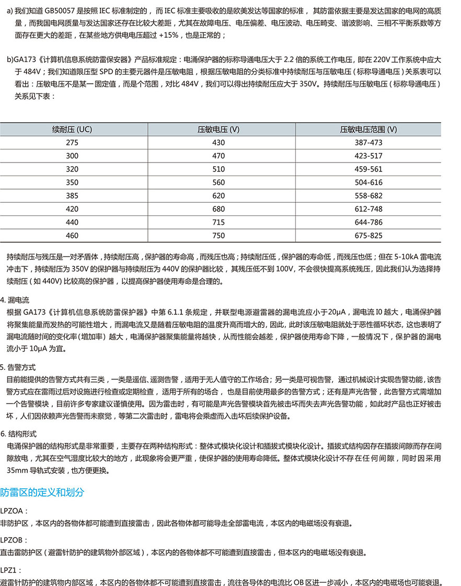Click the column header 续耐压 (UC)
(x=72, y=129)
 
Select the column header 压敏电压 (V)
(x=218, y=129)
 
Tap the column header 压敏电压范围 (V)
(x=368, y=129)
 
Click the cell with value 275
(x=72, y=143)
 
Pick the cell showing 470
(x=218, y=156)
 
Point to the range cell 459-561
(x=368, y=169)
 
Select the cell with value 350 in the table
(x=72, y=182)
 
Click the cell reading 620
(x=218, y=196)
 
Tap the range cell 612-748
(x=368, y=209)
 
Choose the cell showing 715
(x=218, y=222)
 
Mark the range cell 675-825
(x=368, y=236)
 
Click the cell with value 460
(x=72, y=236)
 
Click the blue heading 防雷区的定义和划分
(x=42, y=492)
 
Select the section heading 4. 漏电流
(x=15, y=300)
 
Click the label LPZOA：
(x=14, y=510)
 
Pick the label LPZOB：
(x=14, y=539)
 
